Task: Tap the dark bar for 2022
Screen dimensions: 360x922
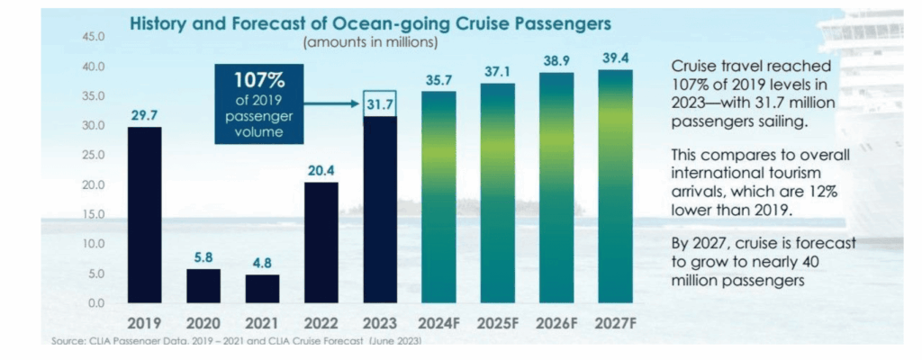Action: pyautogui.click(x=321, y=242)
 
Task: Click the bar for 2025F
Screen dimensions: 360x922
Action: pyautogui.click(x=498, y=193)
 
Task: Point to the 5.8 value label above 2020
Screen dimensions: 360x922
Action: pyautogui.click(x=203, y=256)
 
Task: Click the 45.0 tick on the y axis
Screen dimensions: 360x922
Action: pyautogui.click(x=94, y=37)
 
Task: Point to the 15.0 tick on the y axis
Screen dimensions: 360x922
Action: pyautogui.click(x=94, y=214)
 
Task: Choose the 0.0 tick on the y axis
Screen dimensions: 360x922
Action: pyautogui.click(x=96, y=303)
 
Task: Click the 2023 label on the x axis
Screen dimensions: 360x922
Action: pyautogui.click(x=379, y=322)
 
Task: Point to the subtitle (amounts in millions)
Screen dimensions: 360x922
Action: pyautogui.click(x=371, y=41)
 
